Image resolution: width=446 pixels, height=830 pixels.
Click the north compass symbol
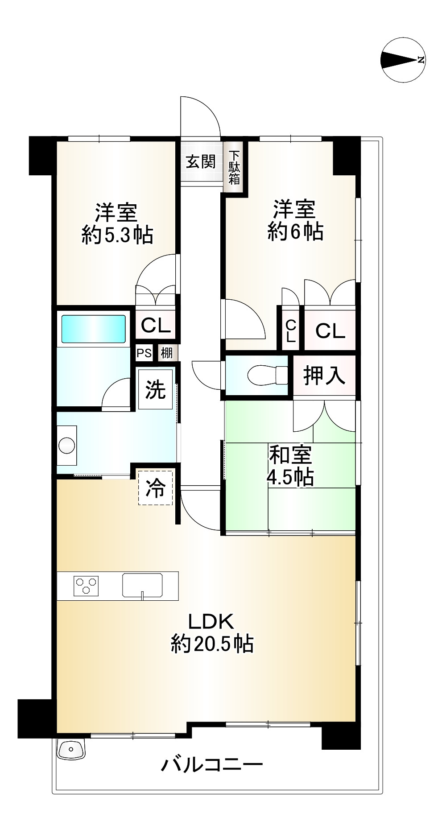click(403, 60)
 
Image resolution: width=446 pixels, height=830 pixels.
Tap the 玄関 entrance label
click(201, 161)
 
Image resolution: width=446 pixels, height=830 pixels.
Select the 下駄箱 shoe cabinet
click(234, 167)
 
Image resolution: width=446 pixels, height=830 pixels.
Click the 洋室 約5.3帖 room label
click(117, 223)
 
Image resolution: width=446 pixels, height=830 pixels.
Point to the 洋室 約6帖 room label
click(295, 220)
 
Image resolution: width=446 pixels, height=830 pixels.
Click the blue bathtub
click(93, 329)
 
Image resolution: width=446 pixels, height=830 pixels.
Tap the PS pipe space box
click(144, 353)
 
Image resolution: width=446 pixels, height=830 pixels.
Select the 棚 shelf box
click(167, 353)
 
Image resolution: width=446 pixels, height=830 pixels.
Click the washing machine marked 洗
click(155, 389)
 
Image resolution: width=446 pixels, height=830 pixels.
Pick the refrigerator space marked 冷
click(155, 488)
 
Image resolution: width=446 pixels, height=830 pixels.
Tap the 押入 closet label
click(324, 375)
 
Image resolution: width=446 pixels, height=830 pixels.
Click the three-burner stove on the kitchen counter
click(87, 586)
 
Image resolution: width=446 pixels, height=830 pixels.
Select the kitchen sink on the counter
click(142, 586)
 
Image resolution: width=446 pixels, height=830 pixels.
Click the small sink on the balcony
click(72, 749)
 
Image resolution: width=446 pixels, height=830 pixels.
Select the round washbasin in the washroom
click(67, 446)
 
